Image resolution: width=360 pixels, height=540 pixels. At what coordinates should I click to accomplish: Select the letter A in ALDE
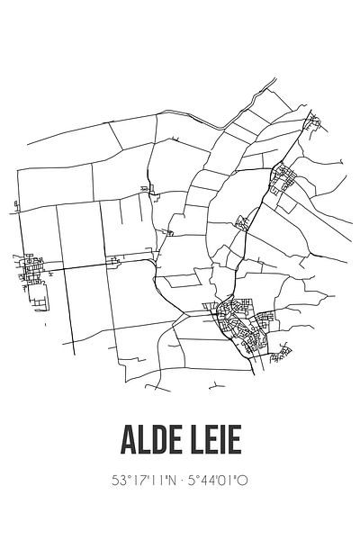pos(128,444)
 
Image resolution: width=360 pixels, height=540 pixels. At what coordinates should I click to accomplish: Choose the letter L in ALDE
pos(143,444)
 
